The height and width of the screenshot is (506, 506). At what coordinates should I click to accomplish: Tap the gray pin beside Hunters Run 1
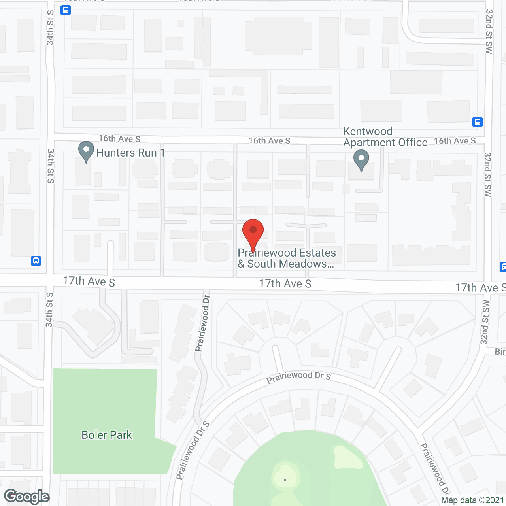point(86,151)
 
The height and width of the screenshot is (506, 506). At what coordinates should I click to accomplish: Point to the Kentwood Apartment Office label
point(385,137)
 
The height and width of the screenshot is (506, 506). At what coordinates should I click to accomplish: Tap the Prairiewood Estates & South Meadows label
point(287,258)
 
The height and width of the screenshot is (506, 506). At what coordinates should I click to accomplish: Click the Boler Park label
point(107,435)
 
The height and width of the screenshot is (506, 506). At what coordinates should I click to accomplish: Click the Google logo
point(26,497)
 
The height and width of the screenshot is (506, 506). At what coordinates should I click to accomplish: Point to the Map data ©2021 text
point(472,500)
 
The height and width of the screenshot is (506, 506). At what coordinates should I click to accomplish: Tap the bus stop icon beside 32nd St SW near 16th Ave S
point(478,122)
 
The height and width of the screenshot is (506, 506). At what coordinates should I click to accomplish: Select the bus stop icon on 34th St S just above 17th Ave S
point(36,261)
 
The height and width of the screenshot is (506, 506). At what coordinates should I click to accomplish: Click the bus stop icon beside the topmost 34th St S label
point(66,10)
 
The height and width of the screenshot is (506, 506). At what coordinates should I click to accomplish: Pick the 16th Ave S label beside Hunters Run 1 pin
point(119,139)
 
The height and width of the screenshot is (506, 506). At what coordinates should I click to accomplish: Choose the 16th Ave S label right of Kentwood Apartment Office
point(455,141)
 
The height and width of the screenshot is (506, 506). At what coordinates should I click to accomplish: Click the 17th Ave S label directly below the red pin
point(285,284)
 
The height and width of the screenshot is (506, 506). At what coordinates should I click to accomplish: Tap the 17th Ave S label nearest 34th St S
point(89,281)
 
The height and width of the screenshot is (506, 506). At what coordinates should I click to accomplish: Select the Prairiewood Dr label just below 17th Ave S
point(202,323)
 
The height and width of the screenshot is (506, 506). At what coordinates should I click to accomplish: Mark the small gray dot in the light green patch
point(285,480)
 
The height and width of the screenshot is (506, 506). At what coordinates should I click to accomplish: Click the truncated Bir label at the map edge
point(500,351)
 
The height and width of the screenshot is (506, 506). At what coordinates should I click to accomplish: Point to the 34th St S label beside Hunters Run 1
point(51,166)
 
